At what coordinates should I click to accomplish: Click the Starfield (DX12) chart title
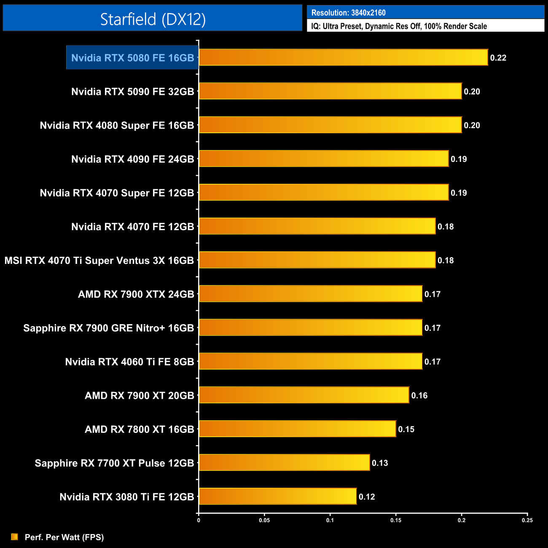pos(153,19)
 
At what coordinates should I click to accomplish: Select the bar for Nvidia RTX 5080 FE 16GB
pos(343,57)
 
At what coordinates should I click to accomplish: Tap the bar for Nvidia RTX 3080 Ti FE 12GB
pos(277,496)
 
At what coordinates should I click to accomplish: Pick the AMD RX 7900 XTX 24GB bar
pos(310,293)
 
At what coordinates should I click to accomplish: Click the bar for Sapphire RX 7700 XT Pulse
pos(284,462)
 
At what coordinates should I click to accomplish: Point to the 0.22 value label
pos(498,58)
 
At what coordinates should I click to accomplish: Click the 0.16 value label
pos(419,395)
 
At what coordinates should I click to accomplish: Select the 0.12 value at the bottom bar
pos(366,497)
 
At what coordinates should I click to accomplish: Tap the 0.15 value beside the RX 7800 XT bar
pos(406,429)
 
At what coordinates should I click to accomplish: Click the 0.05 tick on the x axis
pos(264,520)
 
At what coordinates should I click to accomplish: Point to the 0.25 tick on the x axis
pos(527,520)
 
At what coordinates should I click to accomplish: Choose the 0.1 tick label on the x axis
pos(330,520)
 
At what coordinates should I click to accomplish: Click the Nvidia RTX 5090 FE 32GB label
pos(132,91)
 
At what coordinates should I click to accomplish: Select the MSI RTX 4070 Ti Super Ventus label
pos(99,261)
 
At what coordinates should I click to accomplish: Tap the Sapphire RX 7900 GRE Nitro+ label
pos(108,328)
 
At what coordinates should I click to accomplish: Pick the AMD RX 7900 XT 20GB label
pos(139,395)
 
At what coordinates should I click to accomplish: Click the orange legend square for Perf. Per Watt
pos(14,537)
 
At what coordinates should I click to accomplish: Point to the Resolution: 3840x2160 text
pos(348,13)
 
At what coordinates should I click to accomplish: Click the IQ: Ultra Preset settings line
pos(399,26)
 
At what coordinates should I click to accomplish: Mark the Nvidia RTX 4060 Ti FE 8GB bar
pos(310,361)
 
